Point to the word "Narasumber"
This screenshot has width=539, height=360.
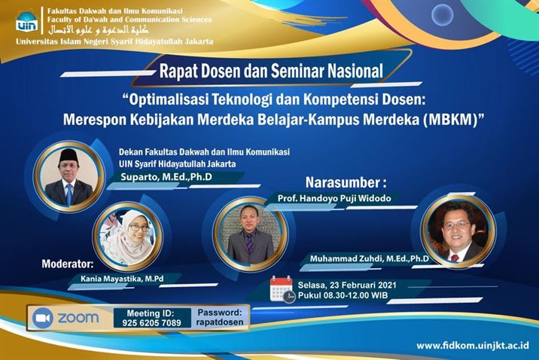pos(345,182)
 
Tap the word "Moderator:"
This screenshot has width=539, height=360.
pos(68,264)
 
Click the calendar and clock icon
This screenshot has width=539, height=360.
pos(282,289)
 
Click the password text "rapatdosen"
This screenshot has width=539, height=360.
pos(221,322)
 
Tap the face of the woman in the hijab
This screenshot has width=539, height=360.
pos(134,226)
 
